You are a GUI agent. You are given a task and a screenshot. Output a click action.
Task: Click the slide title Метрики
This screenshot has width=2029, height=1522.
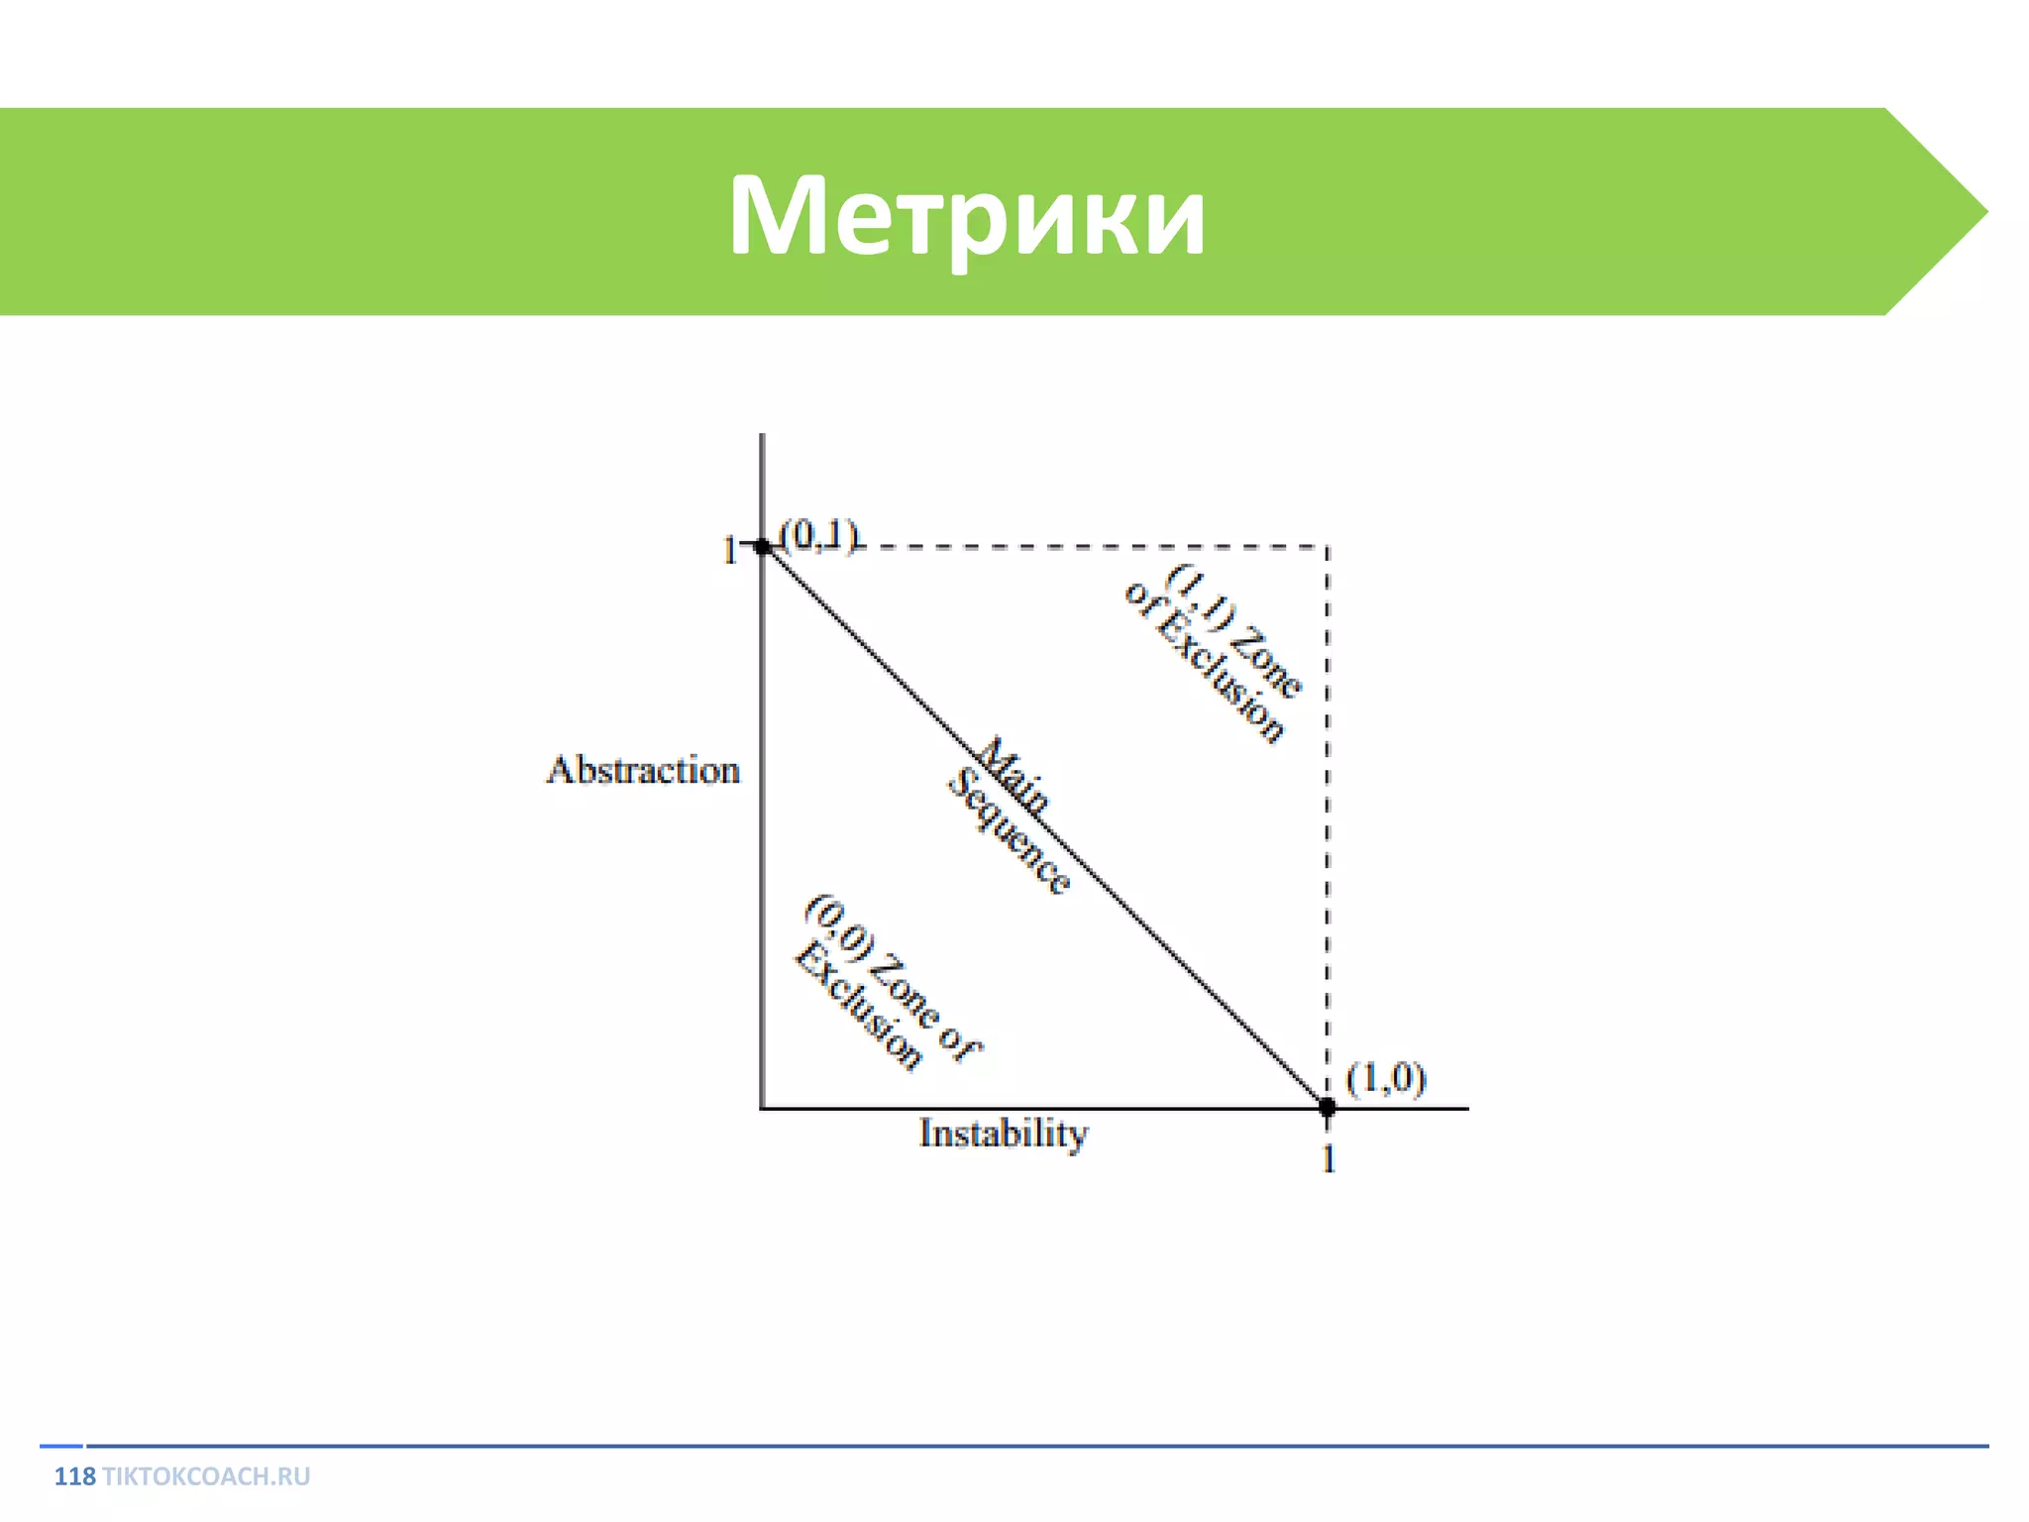point(967,215)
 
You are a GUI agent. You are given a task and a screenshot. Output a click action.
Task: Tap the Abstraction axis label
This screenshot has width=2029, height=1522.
point(643,770)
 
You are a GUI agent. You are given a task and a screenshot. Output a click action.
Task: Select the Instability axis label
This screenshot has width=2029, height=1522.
point(1003,1133)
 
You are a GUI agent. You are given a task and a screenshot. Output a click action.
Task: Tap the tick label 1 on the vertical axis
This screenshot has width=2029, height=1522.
point(729,550)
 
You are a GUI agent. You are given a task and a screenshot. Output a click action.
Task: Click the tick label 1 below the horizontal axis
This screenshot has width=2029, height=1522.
point(1329,1158)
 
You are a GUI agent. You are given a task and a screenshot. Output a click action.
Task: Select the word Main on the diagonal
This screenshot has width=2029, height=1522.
point(1014,775)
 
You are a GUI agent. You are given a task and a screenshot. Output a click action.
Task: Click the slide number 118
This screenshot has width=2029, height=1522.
point(74,1476)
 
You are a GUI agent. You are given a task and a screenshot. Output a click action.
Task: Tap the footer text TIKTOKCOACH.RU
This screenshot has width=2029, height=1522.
point(206,1476)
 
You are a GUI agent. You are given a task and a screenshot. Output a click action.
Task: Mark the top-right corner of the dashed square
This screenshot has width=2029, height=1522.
point(1328,546)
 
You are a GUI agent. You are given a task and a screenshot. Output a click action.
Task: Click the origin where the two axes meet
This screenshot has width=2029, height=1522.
point(762,1108)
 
